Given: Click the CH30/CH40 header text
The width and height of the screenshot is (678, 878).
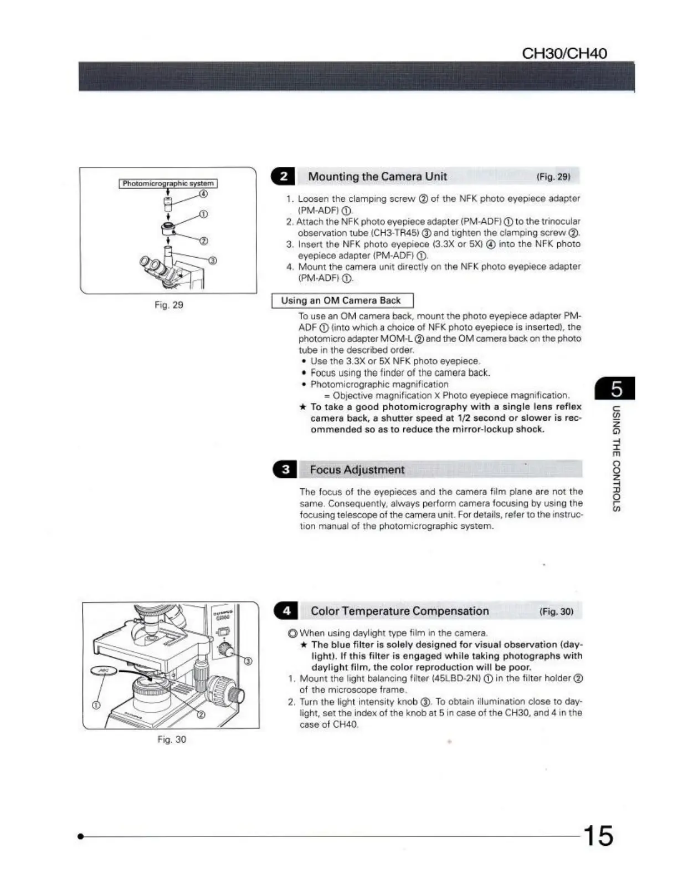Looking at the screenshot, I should [x=564, y=53].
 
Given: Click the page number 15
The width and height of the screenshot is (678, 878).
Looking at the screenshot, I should [x=597, y=835].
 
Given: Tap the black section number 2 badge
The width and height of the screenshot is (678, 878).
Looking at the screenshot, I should [x=284, y=176].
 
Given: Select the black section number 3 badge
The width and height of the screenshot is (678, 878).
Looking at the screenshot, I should [x=285, y=469].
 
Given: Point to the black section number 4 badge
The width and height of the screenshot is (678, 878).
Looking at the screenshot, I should [x=286, y=611].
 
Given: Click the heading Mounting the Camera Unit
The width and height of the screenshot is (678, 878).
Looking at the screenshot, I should [x=377, y=176].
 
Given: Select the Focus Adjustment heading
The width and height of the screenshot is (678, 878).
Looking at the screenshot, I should [x=357, y=469].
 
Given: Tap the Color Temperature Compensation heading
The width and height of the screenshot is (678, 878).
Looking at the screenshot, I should [x=399, y=611].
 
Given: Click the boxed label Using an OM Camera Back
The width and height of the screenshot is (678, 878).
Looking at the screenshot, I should [x=341, y=300].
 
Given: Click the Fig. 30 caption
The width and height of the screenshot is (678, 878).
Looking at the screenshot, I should [x=172, y=739].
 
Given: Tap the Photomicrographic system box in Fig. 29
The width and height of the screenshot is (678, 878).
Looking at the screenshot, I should [x=168, y=183].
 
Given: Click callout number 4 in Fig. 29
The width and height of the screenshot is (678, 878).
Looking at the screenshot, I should [x=203, y=194].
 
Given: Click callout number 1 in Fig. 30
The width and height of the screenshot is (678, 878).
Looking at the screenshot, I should [x=96, y=705].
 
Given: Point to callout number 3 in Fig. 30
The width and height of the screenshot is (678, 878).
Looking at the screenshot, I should [x=248, y=661].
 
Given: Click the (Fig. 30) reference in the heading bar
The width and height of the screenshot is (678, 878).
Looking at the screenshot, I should [x=556, y=611].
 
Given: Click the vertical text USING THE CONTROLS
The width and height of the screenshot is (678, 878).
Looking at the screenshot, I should [x=616, y=460].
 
